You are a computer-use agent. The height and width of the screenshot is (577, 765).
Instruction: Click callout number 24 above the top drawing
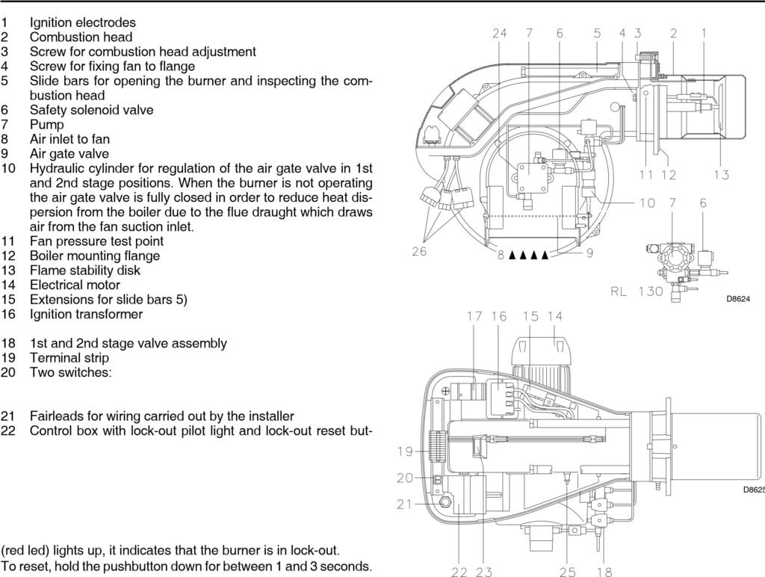click(499, 33)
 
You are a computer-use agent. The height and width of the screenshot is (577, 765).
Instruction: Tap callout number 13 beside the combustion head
click(721, 175)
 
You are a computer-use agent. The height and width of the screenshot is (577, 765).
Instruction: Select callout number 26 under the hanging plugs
click(419, 252)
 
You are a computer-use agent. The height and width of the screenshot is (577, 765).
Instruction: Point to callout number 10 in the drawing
click(647, 203)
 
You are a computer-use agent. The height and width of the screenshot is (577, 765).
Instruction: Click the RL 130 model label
click(637, 291)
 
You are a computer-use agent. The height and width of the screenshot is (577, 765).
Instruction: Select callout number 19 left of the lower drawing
click(404, 451)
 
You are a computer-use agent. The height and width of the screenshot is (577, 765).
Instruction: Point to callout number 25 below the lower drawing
click(568, 572)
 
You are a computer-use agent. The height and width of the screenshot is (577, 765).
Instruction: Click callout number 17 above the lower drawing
click(474, 316)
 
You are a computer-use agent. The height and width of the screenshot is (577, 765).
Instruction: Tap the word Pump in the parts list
click(47, 125)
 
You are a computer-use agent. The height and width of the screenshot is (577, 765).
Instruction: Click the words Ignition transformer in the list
click(86, 314)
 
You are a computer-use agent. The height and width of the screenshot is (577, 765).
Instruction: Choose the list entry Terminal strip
click(69, 358)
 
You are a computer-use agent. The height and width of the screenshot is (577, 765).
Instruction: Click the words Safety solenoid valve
click(92, 110)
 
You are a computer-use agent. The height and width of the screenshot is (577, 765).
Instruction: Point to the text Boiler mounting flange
click(95, 256)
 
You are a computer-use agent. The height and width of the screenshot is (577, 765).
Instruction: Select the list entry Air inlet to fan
click(69, 139)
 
